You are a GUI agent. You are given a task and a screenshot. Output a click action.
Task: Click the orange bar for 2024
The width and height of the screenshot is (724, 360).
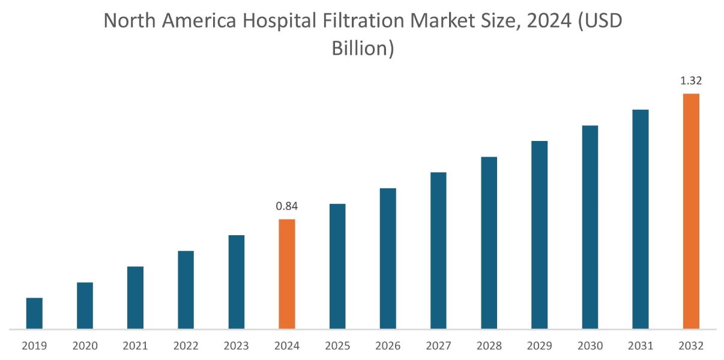pyautogui.click(x=287, y=274)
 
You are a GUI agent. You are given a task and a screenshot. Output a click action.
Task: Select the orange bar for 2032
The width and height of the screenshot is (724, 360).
pyautogui.click(x=691, y=211)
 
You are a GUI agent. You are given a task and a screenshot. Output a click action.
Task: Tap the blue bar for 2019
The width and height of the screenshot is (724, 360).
pyautogui.click(x=34, y=313)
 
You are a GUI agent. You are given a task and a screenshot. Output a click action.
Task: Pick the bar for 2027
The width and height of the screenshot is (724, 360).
pyautogui.click(x=438, y=250)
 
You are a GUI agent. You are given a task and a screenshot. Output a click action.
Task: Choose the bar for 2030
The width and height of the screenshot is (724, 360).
pyautogui.click(x=590, y=227)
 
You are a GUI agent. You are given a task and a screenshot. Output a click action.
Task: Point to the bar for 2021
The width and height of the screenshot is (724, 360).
pyautogui.click(x=136, y=298)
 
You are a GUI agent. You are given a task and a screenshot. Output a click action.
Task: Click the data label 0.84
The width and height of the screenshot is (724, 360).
pyautogui.click(x=287, y=206)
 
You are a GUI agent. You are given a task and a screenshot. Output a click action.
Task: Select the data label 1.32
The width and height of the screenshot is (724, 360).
pyautogui.click(x=691, y=80)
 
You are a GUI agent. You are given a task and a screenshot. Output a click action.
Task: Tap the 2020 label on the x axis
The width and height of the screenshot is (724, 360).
pyautogui.click(x=85, y=346)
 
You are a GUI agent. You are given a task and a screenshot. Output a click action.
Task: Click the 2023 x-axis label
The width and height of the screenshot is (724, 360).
pyautogui.click(x=237, y=346)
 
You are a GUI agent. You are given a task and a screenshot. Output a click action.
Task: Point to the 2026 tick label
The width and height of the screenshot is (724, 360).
pyautogui.click(x=388, y=346)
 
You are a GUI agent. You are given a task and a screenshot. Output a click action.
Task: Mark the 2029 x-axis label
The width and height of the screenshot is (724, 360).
pyautogui.click(x=539, y=346)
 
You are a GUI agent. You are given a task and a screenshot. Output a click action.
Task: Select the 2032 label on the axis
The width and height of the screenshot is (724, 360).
pyautogui.click(x=691, y=346)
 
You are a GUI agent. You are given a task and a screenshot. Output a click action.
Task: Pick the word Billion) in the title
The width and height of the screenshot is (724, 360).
pyautogui.click(x=363, y=49)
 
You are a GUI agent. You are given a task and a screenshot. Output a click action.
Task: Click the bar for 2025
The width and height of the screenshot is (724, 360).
pyautogui.click(x=337, y=266)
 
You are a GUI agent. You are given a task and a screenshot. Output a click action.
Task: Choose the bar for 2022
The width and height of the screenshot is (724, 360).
pyautogui.click(x=186, y=290)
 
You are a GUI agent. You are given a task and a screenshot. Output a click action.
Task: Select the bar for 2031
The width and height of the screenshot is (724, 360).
pyautogui.click(x=641, y=219)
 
